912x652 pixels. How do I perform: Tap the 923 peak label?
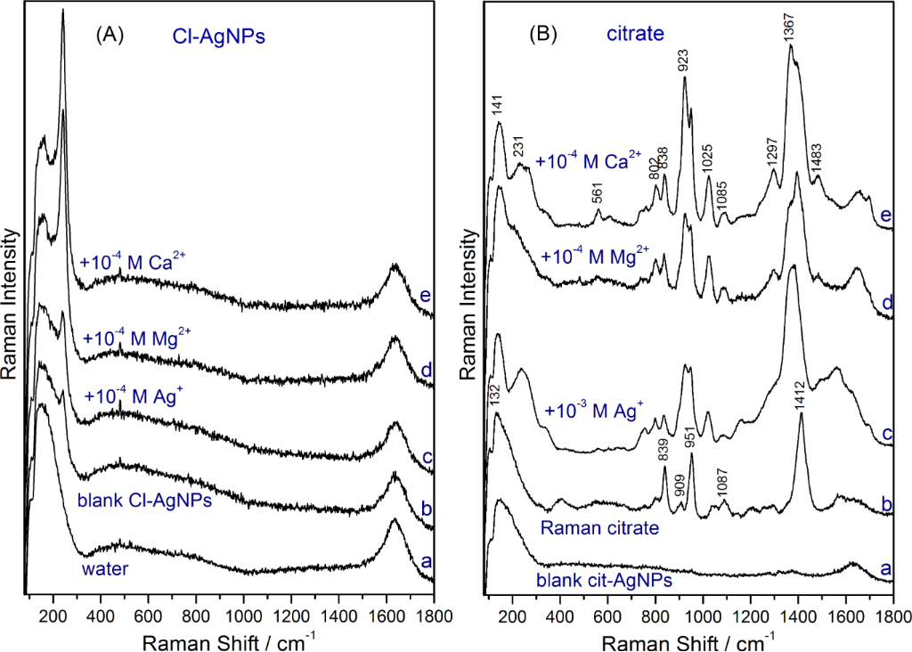coord(684,60)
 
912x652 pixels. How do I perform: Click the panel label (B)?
coord(543,35)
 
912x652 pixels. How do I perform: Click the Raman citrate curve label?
coord(599,527)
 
